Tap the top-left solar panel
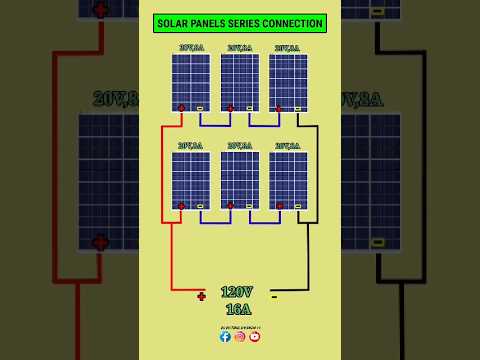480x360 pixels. coord(191,81)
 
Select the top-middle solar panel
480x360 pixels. coord(240,81)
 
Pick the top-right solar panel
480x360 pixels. coord(288,81)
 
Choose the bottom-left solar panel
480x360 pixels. coord(191,179)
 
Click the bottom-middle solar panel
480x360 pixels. coord(240,179)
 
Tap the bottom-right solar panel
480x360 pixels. coord(288,179)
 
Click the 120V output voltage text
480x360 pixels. coord(237,292)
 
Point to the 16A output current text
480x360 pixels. coord(238,309)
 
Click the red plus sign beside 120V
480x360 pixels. coord(201,296)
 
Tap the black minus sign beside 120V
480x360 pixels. coord(274,296)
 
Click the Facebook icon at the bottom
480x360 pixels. coord(225,337)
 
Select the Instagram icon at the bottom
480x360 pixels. coord(240,337)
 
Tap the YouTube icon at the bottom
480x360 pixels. coord(254,337)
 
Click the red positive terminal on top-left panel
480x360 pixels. coord(181,108)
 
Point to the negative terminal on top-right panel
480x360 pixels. coord(298,108)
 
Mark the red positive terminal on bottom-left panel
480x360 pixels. coord(181,206)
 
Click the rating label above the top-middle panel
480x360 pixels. coord(239,47)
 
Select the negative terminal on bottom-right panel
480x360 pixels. coord(298,206)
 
